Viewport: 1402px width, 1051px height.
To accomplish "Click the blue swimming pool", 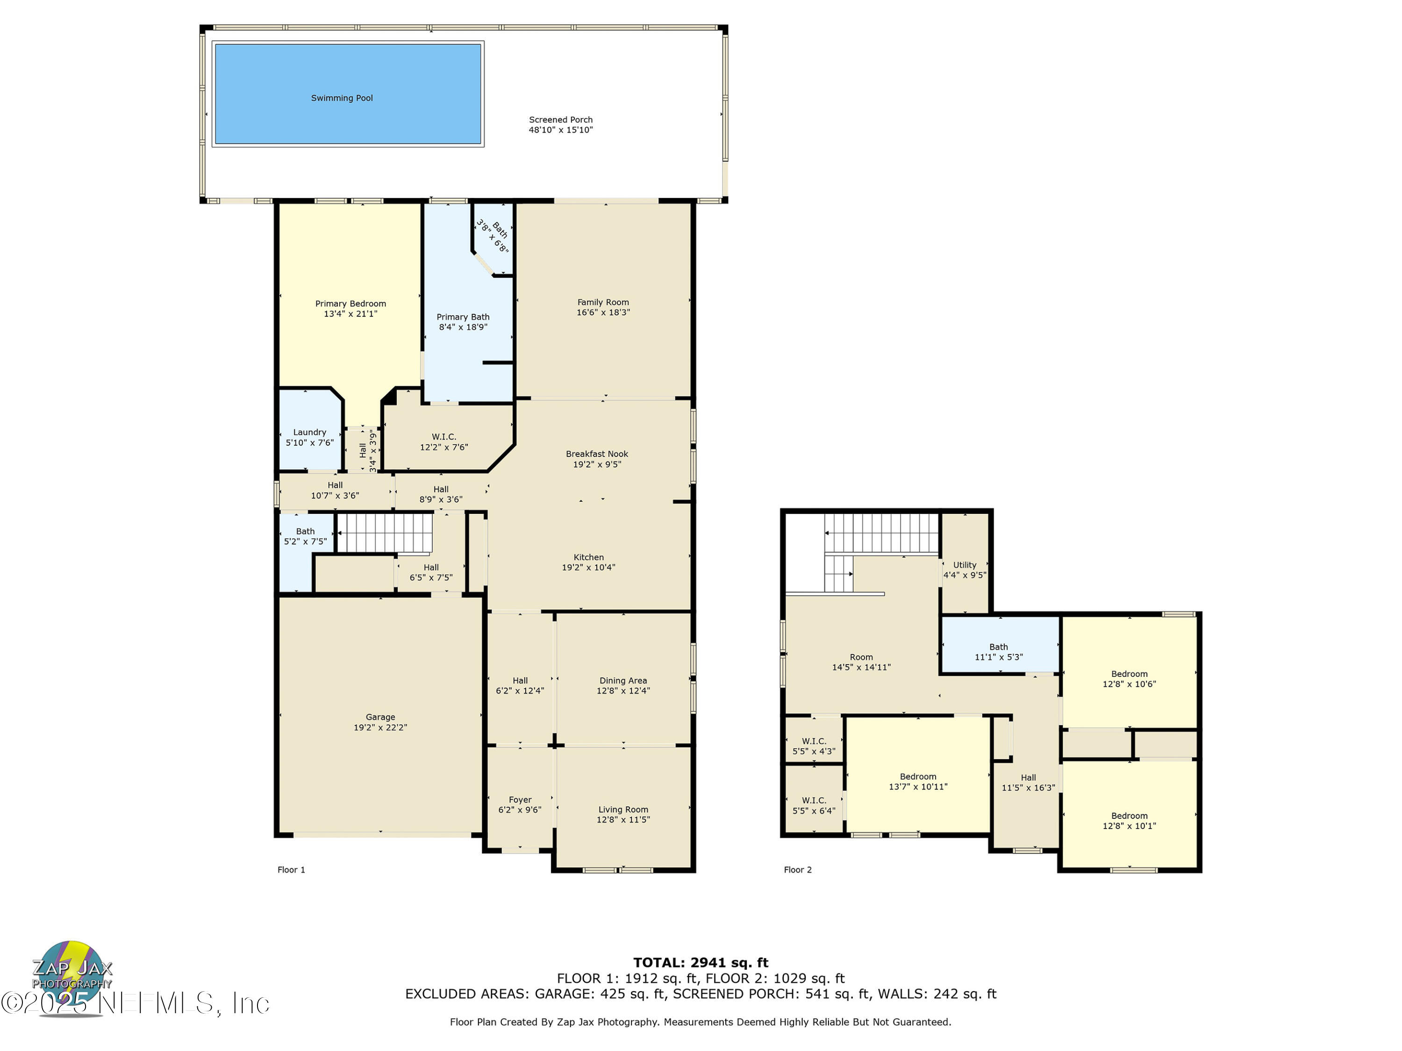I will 347,94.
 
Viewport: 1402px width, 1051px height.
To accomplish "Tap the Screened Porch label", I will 560,120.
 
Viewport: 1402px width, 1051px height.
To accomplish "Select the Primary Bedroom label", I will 350,304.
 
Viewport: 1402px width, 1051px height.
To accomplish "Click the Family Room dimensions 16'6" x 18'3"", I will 603,312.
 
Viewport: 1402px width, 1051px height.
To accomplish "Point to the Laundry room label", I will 309,433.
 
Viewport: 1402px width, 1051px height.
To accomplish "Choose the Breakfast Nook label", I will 596,454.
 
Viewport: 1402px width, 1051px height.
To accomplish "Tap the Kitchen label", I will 588,557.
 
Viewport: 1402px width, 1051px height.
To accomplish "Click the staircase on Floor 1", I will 384,533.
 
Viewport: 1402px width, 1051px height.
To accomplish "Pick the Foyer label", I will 520,800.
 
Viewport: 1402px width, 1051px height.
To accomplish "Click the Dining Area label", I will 622,681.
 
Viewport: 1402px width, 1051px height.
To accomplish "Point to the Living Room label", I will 622,810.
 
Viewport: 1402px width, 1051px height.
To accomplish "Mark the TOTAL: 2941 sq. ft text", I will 701,963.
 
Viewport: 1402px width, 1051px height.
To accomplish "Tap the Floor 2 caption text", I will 797,870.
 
